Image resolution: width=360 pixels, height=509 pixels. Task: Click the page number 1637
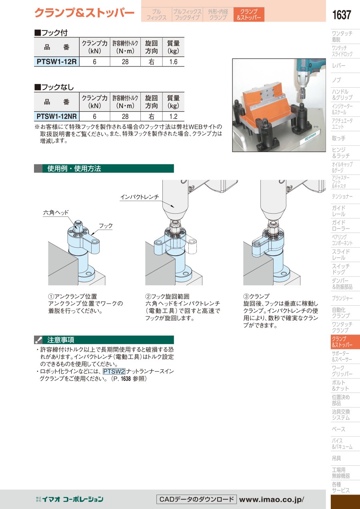[342, 15]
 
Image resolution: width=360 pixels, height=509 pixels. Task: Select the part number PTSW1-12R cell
[56, 62]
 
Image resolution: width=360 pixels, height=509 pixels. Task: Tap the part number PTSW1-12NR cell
[56, 116]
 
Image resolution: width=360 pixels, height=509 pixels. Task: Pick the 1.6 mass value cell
[173, 62]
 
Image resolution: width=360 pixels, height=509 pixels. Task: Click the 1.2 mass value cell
[173, 116]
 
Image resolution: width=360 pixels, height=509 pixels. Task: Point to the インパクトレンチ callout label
[140, 197]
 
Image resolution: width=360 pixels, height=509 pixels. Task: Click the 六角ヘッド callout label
[56, 212]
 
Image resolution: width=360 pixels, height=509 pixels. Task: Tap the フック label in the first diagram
[106, 226]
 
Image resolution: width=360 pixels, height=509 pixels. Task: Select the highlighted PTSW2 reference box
[114, 371]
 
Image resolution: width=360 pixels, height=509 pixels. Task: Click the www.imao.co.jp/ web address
[272, 499]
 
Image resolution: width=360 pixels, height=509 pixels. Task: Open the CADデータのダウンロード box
[196, 499]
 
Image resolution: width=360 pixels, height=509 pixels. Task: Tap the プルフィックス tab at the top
[156, 14]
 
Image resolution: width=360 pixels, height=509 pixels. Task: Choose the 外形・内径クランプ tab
[218, 14]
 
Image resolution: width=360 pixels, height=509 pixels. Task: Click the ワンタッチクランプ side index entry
[342, 327]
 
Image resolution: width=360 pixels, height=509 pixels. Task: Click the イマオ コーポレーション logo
[70, 499]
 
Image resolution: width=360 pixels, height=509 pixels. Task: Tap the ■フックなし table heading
[54, 87]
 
